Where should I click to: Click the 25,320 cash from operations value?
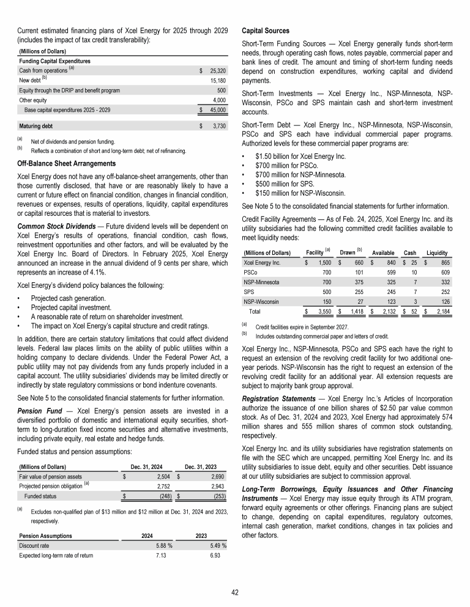point(217,71)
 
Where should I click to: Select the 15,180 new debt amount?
point(218,81)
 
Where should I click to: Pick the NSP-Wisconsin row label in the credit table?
point(263,301)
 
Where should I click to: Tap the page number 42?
point(234,592)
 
